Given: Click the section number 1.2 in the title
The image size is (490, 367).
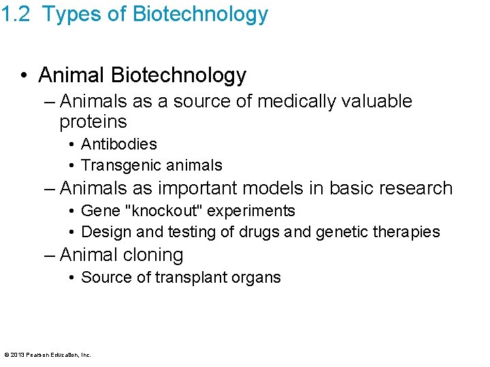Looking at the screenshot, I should (x=16, y=14).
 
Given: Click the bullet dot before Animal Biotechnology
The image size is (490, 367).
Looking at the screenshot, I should (x=24, y=75).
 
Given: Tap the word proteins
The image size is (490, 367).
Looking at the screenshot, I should (x=93, y=122).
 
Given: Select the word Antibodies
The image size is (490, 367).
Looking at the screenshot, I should (x=119, y=144).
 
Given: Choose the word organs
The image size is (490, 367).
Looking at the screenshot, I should (x=256, y=277).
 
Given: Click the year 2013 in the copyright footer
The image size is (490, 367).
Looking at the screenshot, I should (x=18, y=355).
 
